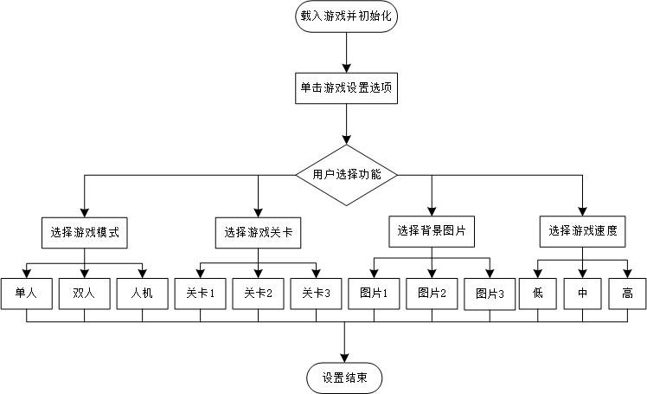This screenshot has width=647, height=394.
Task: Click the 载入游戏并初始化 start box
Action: click(x=346, y=16)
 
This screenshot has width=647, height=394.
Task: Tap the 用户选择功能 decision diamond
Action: click(x=346, y=174)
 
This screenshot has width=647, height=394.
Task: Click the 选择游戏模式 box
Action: click(x=84, y=232)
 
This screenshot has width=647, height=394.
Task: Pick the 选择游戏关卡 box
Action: click(x=258, y=232)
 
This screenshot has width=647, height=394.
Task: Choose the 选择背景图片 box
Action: click(x=431, y=230)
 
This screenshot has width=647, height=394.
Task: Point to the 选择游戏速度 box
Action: click(x=582, y=231)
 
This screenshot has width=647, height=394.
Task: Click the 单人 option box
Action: click(x=26, y=294)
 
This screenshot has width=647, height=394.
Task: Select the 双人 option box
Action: click(x=84, y=294)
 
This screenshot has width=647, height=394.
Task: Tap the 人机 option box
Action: click(x=142, y=294)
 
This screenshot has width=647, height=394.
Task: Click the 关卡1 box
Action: click(x=200, y=294)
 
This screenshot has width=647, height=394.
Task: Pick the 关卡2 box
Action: click(x=258, y=294)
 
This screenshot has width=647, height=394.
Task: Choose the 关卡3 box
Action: click(x=316, y=294)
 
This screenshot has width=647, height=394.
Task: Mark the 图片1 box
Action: click(x=373, y=294)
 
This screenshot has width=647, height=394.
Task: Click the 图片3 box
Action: click(x=489, y=294)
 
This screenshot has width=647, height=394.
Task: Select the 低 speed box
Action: click(x=538, y=294)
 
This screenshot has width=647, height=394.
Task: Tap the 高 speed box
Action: click(x=626, y=294)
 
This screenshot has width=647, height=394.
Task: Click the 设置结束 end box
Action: click(x=344, y=378)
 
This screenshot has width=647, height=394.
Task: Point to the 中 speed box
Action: click(x=582, y=294)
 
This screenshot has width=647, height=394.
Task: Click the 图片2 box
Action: click(x=431, y=294)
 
